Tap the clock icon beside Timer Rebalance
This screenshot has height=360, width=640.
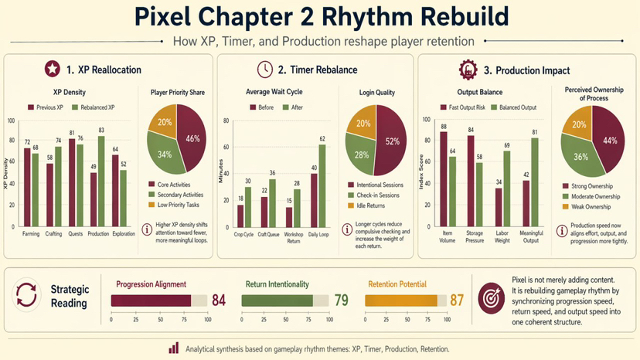pyautogui.click(x=264, y=69)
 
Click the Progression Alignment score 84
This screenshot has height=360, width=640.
pyautogui.click(x=219, y=299)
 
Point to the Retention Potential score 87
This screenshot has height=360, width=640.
pyautogui.click(x=457, y=299)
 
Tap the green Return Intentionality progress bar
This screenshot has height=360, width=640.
pyautogui.click(x=277, y=300)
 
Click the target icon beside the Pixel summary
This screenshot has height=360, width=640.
pyautogui.click(x=492, y=297)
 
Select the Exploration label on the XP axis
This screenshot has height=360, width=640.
pyautogui.click(x=123, y=233)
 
